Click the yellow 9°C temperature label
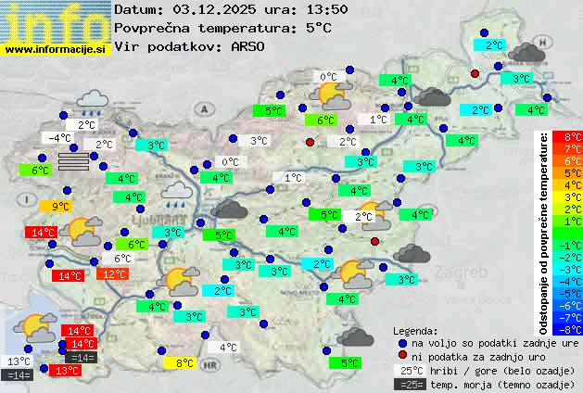pyautogui.click(x=61, y=207)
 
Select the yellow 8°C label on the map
pyautogui.click(x=184, y=363)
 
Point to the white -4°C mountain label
pyautogui.click(x=58, y=138)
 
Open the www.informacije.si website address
pyautogui.click(x=56, y=48)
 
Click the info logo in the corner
pyautogui.click(x=56, y=20)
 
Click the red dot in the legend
pyautogui.click(x=401, y=356)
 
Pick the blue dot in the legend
pyautogui.click(x=401, y=342)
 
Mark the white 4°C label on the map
pyautogui.click(x=228, y=349)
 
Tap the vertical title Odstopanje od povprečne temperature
pyautogui.click(x=543, y=232)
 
